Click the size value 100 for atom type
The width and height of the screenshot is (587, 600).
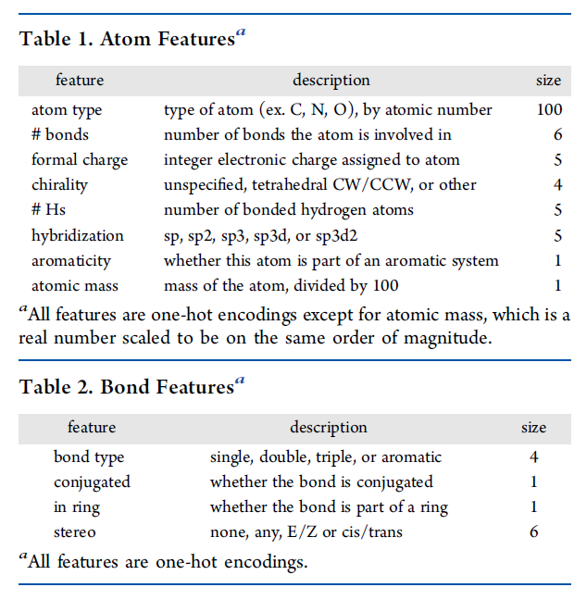[549, 110]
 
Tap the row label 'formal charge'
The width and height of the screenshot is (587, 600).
[80, 160]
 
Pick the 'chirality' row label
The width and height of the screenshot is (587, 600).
[59, 185]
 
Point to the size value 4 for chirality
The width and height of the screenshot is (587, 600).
[557, 185]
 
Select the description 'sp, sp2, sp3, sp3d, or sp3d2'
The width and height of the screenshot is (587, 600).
[260, 235]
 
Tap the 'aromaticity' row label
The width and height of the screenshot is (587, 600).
[71, 260]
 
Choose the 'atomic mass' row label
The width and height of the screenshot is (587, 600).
[73, 285]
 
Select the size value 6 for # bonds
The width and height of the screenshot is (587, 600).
[557, 135]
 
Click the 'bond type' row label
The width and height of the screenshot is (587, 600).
[89, 457]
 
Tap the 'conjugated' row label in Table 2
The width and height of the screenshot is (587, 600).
[92, 482]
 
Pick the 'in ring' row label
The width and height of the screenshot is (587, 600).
[77, 507]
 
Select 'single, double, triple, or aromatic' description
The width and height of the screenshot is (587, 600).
[326, 457]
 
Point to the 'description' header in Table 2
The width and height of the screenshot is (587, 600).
[329, 428]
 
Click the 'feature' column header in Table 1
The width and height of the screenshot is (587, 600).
[80, 81]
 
